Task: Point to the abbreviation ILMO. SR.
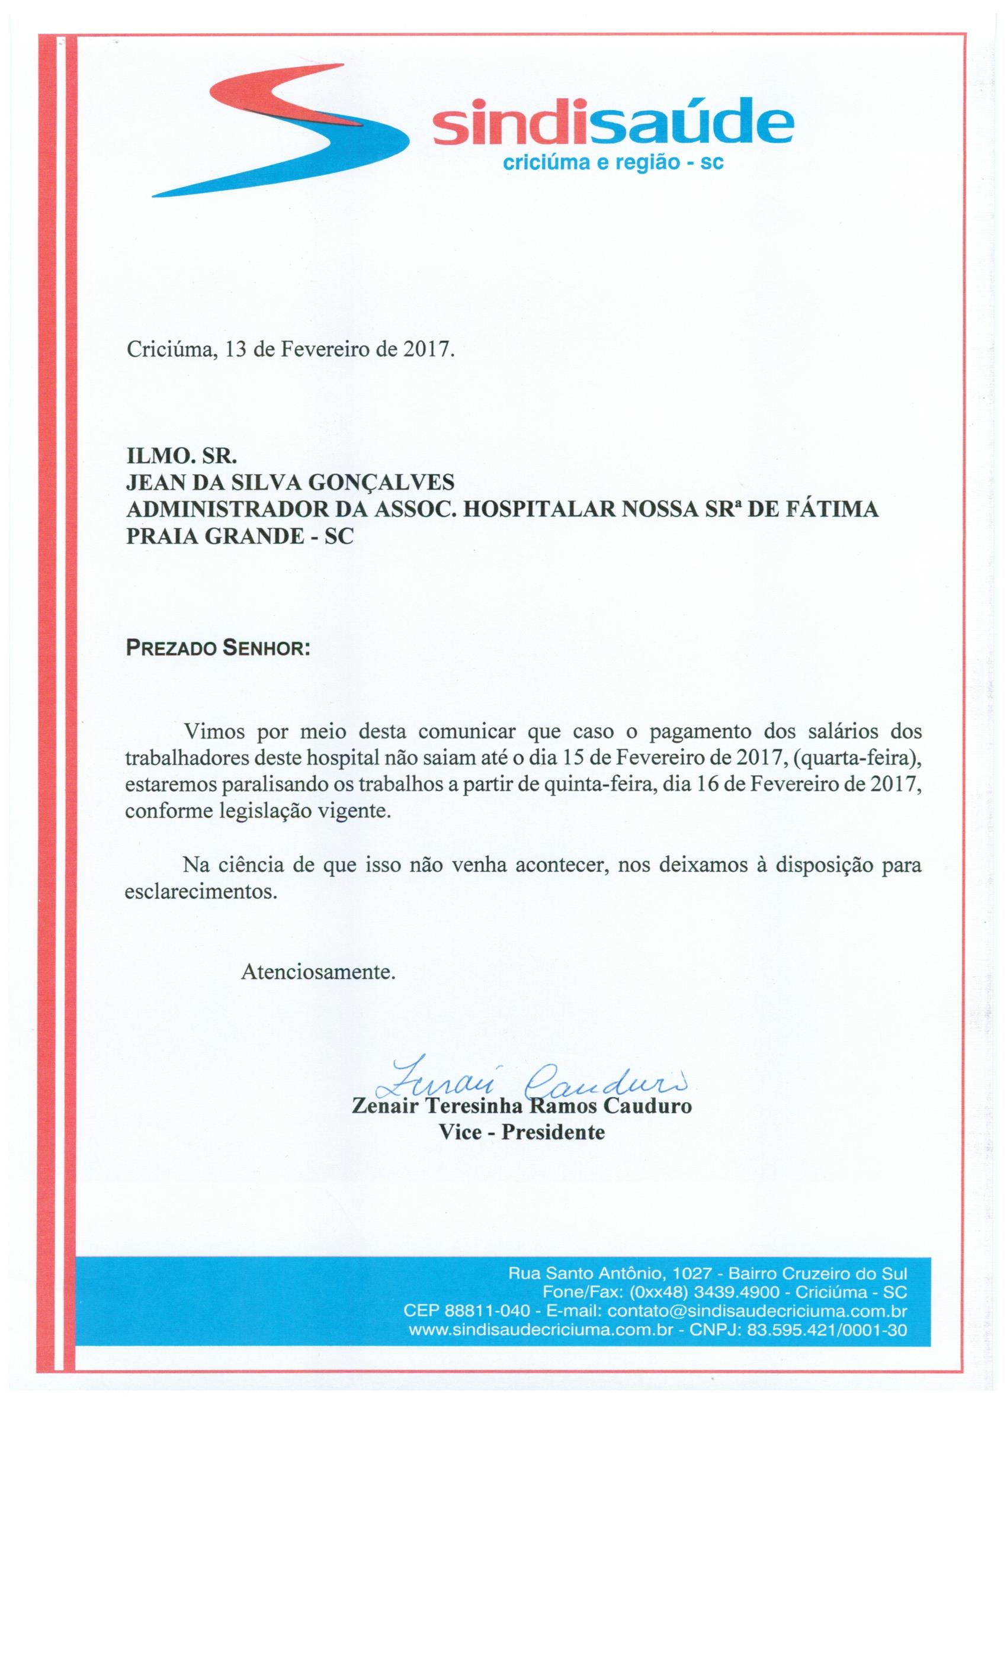[182, 456]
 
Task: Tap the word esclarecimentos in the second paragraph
[201, 892]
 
